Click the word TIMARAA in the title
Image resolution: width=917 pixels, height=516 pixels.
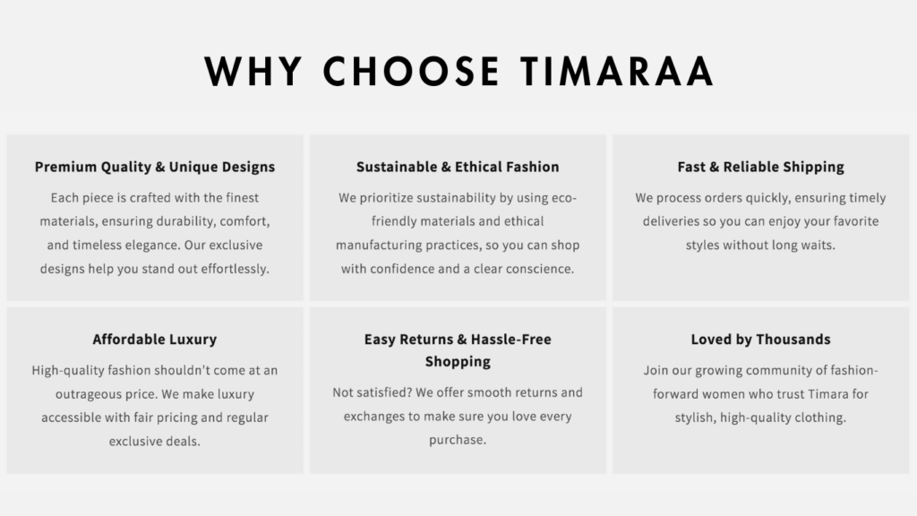point(617,72)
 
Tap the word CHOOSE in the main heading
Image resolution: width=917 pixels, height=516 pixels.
point(411,72)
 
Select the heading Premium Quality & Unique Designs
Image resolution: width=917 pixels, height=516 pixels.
point(154,168)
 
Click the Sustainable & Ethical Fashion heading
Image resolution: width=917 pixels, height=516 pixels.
point(458,168)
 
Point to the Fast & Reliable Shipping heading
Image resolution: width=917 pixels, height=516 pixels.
point(760,168)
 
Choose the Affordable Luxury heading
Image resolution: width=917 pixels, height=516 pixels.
point(154,340)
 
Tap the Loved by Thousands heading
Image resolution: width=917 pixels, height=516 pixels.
point(760,340)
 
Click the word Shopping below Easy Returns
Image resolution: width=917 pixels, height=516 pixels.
point(458,362)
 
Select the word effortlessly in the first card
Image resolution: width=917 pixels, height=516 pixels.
point(236,269)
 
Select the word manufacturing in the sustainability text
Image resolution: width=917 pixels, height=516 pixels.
point(379,245)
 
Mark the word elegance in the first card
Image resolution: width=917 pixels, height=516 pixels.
point(152,245)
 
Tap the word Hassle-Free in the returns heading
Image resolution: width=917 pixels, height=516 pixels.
point(510,340)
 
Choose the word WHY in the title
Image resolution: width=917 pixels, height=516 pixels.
point(253,72)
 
